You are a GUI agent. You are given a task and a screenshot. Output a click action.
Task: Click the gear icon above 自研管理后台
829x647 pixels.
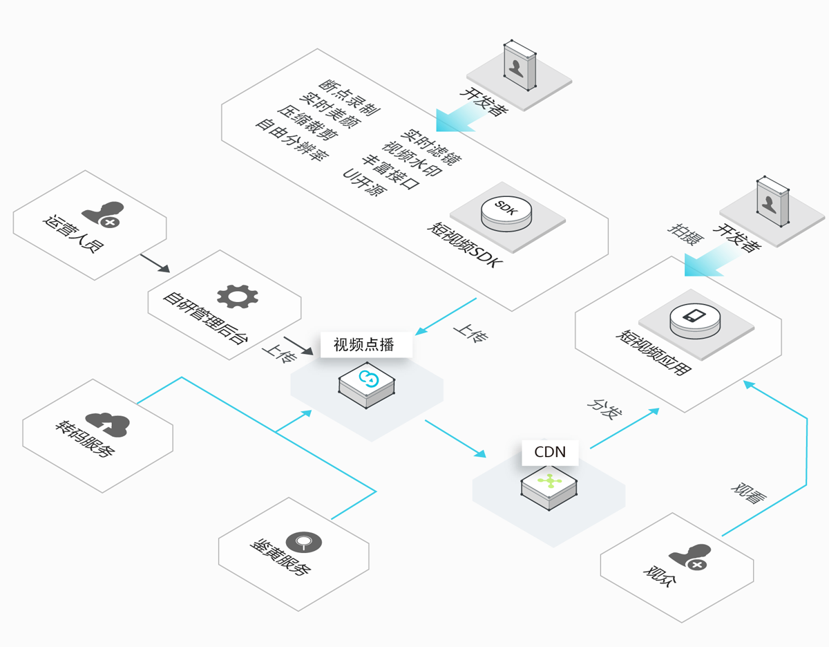point(237,297)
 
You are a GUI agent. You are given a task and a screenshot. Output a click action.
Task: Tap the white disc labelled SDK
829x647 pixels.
point(506,213)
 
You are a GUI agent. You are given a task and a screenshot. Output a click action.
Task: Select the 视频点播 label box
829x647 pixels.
point(366,345)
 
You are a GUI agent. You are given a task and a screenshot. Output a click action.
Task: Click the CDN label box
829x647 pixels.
point(550,452)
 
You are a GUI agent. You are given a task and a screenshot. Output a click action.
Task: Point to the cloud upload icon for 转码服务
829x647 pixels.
point(108,424)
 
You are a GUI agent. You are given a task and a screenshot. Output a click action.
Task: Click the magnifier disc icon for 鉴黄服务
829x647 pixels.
point(304,543)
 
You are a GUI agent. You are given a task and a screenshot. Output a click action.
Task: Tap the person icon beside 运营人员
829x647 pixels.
point(103,214)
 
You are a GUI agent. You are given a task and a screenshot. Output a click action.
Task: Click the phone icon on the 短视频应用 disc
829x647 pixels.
point(694,315)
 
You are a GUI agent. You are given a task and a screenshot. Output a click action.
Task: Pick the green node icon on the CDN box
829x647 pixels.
point(549,481)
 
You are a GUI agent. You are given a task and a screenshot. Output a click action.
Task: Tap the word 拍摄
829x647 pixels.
point(685,234)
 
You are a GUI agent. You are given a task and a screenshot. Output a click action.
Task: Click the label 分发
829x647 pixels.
point(604,410)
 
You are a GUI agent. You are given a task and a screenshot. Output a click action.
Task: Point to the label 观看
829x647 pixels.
point(748,494)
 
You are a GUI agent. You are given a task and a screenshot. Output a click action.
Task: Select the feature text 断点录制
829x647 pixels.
point(349,97)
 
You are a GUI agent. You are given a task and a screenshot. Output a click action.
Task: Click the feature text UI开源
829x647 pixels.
point(365,182)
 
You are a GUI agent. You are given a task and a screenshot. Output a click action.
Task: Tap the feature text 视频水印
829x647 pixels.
point(412,158)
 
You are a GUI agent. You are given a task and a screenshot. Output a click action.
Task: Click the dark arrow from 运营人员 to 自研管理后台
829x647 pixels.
point(155,263)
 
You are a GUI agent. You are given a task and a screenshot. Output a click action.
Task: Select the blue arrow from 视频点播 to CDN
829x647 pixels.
point(455,438)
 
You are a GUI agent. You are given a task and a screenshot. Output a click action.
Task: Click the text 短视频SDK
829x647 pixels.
point(465,245)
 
